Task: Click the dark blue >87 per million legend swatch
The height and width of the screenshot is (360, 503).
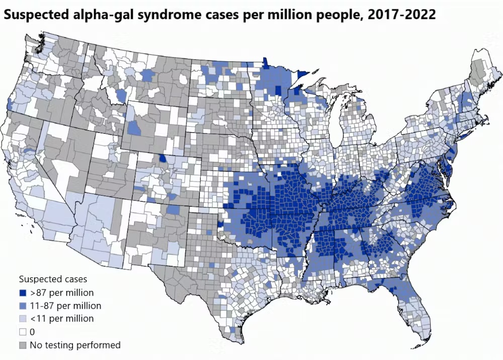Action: (23, 293)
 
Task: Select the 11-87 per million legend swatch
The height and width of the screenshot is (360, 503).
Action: (23, 306)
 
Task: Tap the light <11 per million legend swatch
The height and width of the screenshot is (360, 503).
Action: (23, 319)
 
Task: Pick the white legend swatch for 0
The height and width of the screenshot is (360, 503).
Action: (23, 332)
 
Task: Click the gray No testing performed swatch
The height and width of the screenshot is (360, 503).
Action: (23, 345)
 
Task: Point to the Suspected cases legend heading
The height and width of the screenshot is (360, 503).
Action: (53, 279)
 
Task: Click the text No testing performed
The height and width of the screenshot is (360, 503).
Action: (75, 345)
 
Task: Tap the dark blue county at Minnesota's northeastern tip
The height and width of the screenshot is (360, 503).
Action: (303, 75)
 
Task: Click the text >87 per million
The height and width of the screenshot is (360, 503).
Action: (62, 292)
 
